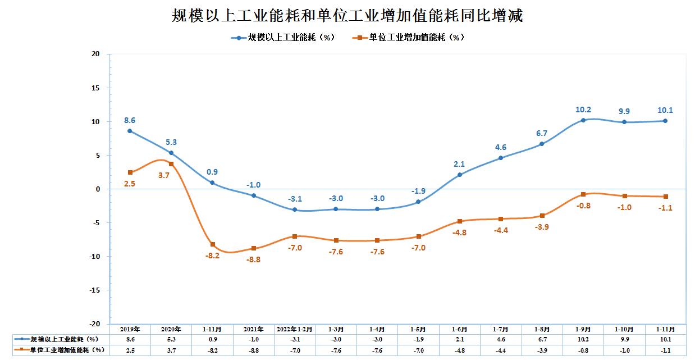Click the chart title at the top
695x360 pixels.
(347, 15)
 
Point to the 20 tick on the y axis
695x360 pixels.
(95, 54)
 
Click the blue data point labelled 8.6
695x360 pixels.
(130, 131)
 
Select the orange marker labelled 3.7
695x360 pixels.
(171, 164)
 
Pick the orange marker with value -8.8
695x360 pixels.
(253, 248)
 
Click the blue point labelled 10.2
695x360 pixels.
(583, 120)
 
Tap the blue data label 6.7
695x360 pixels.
(541, 134)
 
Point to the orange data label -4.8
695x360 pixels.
(459, 233)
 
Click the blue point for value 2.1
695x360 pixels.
(459, 175)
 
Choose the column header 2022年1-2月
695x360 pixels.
(294, 329)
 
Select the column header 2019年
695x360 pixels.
(130, 329)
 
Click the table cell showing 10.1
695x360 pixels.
(665, 339)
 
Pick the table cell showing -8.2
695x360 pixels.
(212, 350)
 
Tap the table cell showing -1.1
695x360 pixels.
(665, 350)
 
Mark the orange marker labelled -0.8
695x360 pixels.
(583, 194)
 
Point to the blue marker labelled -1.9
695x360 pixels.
(418, 202)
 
